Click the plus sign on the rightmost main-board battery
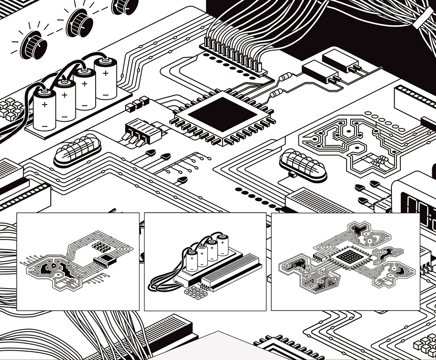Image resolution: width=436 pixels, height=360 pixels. point(105,74)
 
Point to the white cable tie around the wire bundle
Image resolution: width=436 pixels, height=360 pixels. point(424,17)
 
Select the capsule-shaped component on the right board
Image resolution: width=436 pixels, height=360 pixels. point(303,164)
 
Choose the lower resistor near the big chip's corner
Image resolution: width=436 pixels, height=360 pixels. point(276,93)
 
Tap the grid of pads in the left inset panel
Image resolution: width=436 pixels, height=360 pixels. point(101,247)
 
